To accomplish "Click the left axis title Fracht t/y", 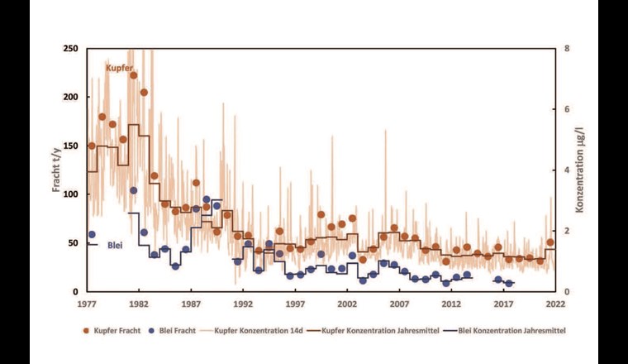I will click(x=57, y=170).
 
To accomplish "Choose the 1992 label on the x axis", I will click(x=243, y=304).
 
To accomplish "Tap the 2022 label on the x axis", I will click(x=555, y=304).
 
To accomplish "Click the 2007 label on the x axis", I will click(x=399, y=304).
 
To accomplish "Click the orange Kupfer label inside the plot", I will click(x=120, y=66).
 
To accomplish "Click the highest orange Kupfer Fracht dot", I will click(x=133, y=75).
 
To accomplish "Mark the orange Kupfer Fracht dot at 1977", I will click(x=92, y=146).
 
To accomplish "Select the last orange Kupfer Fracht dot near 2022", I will click(x=550, y=242).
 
